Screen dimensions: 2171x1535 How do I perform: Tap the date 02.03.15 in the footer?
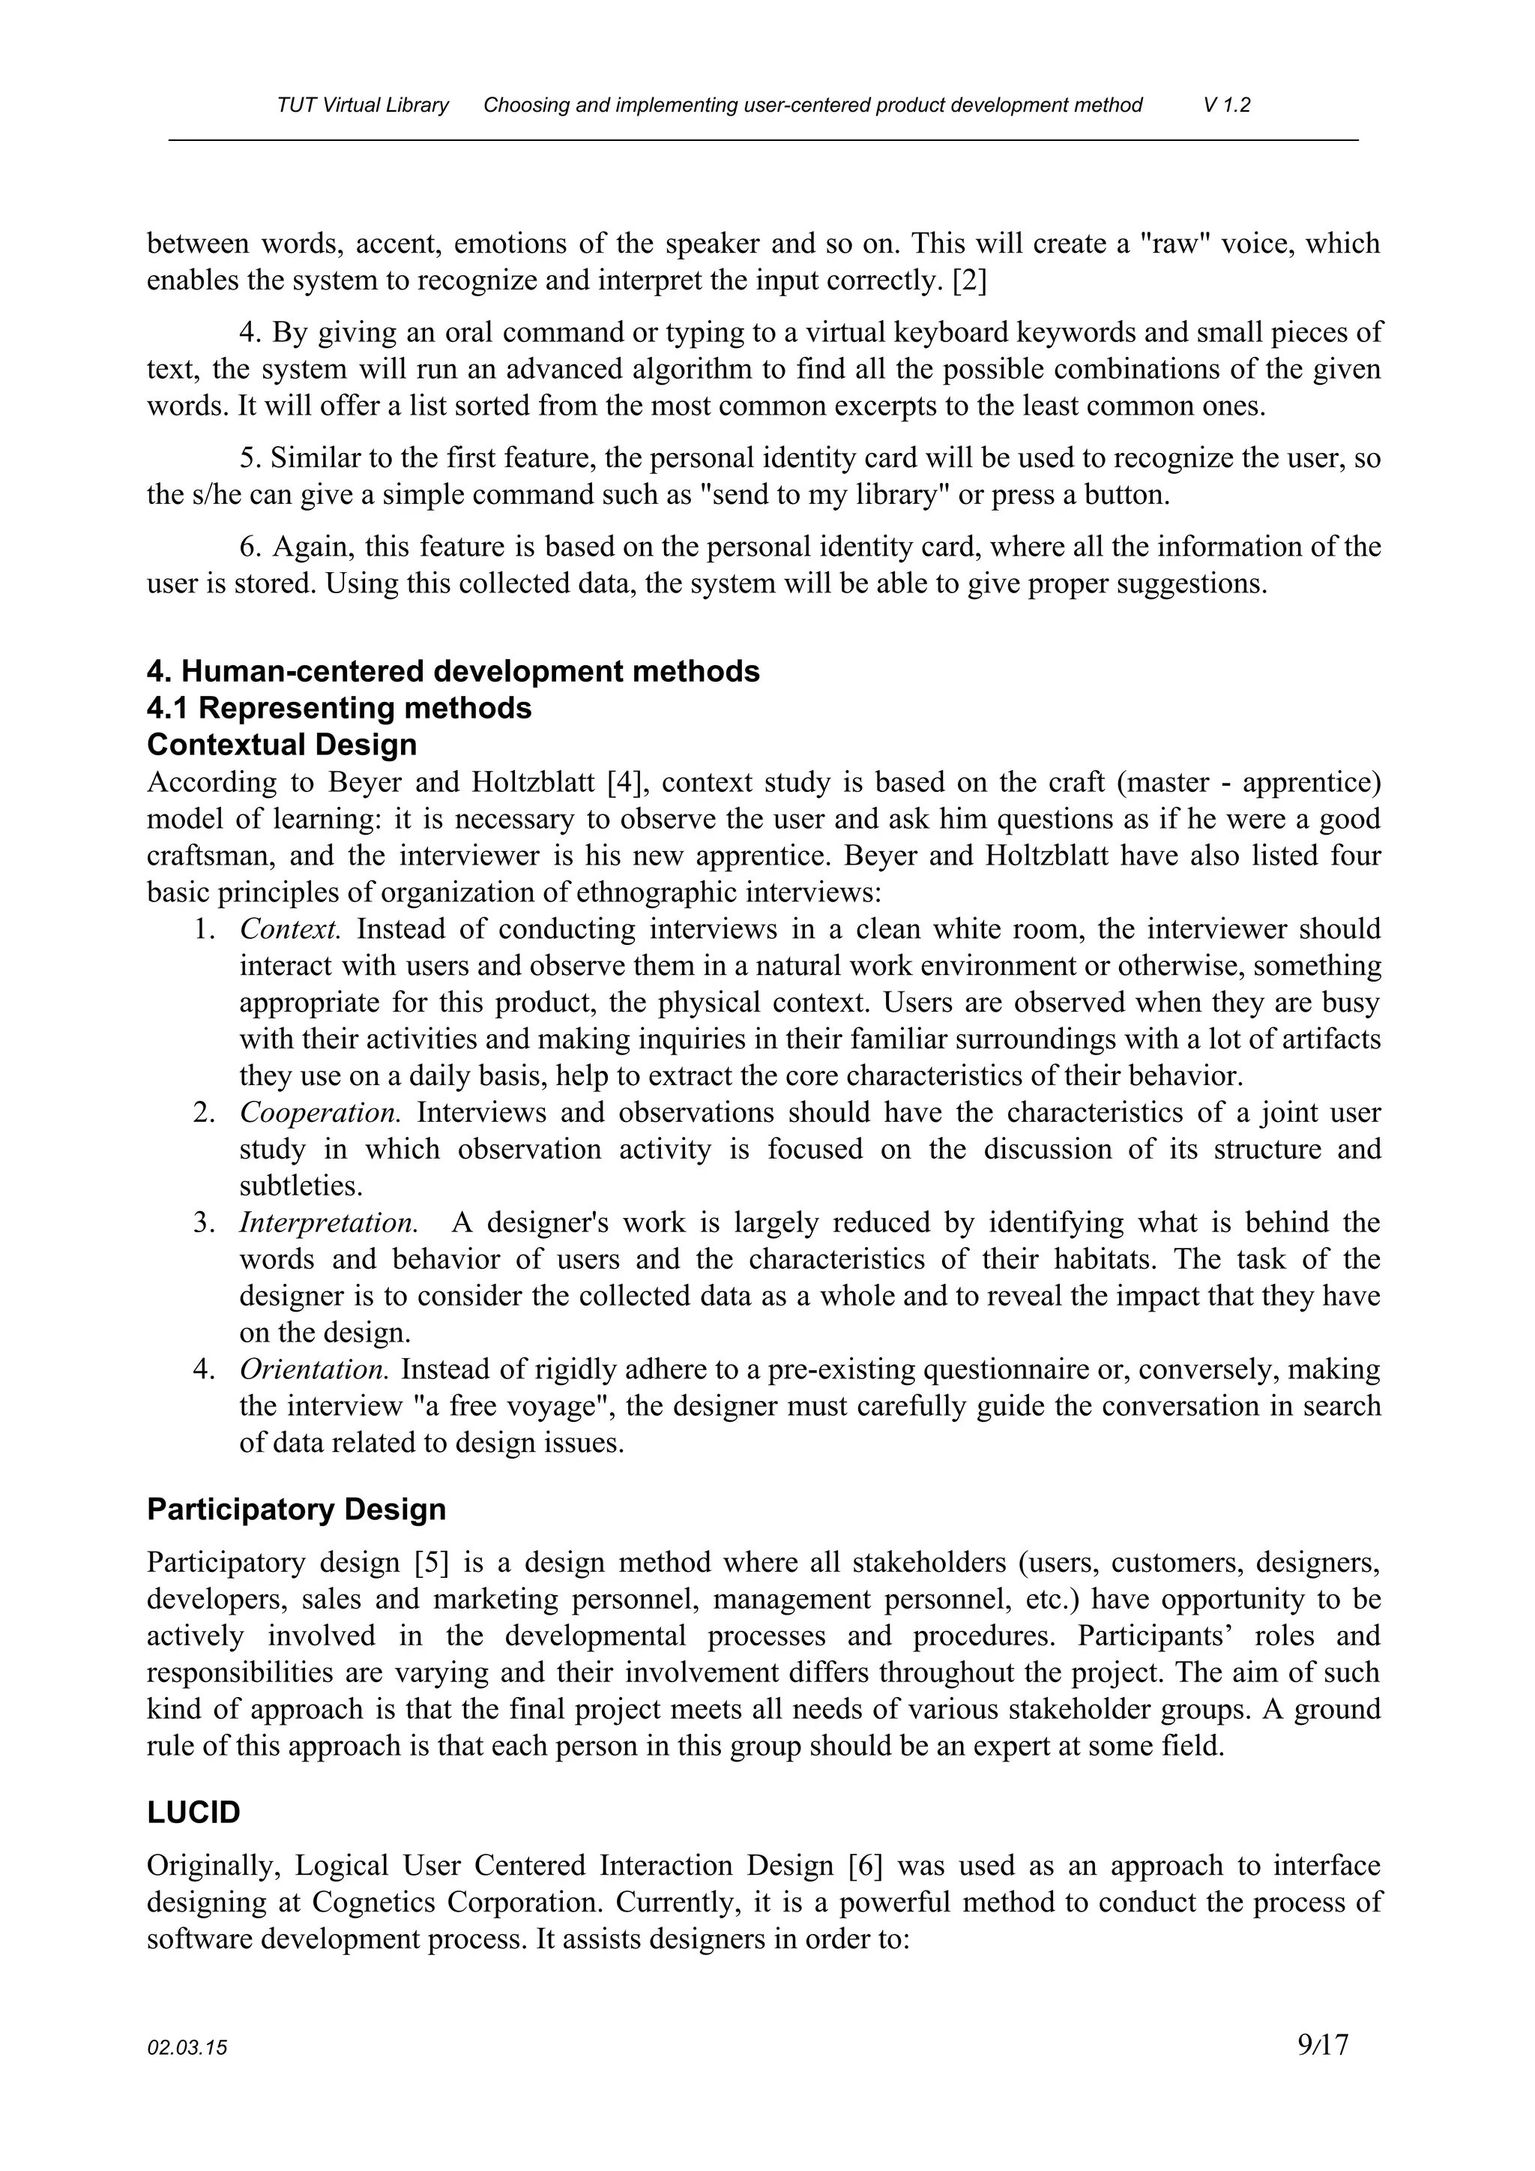click(x=187, y=2049)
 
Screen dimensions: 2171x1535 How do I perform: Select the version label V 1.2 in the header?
click(x=1227, y=105)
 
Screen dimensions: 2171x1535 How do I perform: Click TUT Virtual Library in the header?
click(x=363, y=105)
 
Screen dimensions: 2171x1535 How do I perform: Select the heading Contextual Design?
click(x=282, y=745)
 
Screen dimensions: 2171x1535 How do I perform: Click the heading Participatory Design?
click(x=296, y=1509)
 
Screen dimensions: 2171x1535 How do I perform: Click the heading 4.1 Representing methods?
click(x=340, y=708)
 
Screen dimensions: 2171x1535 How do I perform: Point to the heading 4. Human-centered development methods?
click(x=453, y=671)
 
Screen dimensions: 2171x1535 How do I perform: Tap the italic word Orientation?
click(x=314, y=1369)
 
